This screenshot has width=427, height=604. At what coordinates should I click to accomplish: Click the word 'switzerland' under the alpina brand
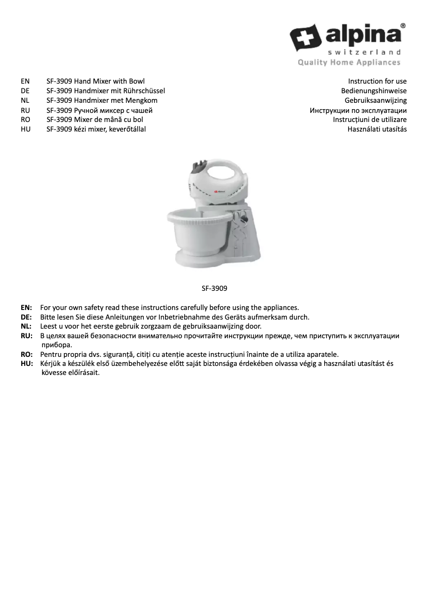point(364,52)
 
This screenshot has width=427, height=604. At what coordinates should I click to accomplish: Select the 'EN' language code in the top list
point(25,81)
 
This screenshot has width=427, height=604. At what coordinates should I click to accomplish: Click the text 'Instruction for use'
point(377,81)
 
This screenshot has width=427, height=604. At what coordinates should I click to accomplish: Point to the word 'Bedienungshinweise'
point(374,91)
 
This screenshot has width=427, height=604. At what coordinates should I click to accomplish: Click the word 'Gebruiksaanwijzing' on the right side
point(375,100)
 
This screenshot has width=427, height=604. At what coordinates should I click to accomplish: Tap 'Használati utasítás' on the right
point(377,129)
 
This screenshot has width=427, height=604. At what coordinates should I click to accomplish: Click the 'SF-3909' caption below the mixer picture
point(215,288)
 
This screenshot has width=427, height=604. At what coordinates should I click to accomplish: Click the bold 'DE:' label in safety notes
point(27,317)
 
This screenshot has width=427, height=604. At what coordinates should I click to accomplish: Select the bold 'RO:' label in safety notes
point(27,354)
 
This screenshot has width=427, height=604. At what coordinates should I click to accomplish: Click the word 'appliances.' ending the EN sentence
point(280,307)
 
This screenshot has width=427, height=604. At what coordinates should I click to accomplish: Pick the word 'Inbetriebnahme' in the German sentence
point(184,317)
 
